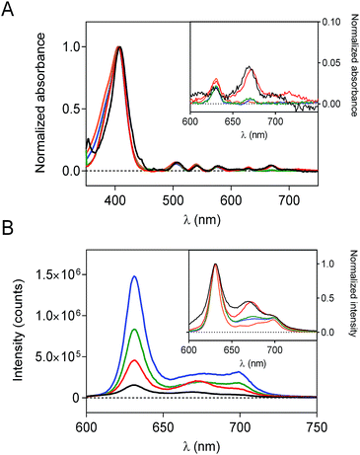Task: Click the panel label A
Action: pyautogui.click(x=9, y=9)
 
